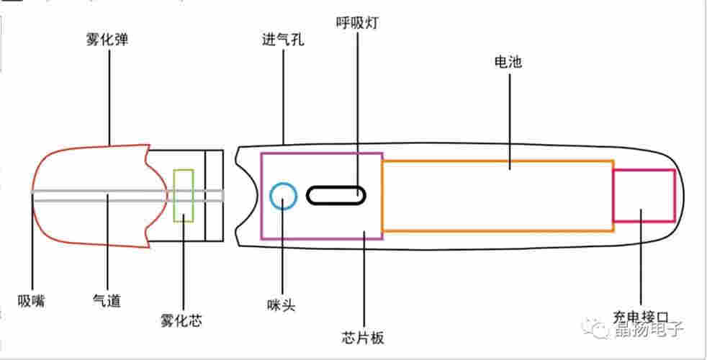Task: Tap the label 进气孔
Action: (x=283, y=40)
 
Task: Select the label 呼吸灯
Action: (x=357, y=24)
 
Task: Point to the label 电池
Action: (x=509, y=62)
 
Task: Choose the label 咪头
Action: (x=282, y=305)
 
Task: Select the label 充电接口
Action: (x=641, y=317)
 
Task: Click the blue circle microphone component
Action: (x=283, y=195)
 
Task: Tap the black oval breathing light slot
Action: (x=336, y=195)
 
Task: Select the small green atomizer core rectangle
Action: (x=184, y=195)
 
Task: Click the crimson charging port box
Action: (x=643, y=195)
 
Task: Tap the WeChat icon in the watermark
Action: (x=600, y=330)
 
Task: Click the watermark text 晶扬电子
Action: (x=648, y=330)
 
